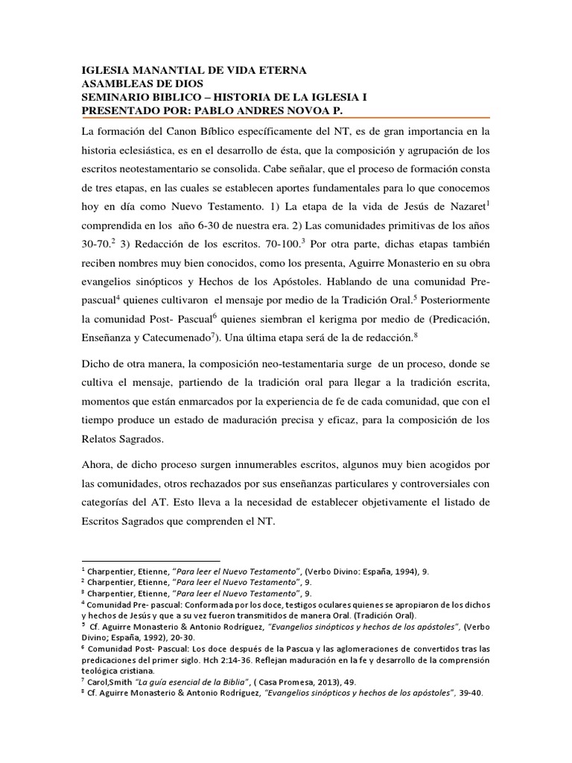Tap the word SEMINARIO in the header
118,98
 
